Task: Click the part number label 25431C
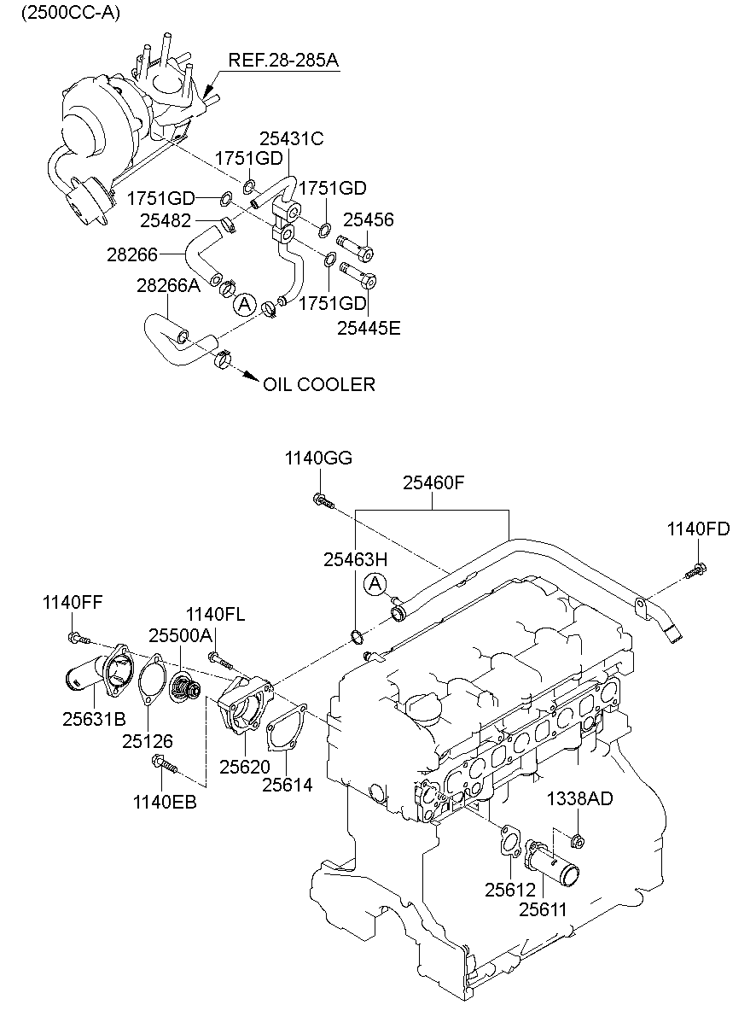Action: click(292, 138)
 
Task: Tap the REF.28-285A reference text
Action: click(282, 61)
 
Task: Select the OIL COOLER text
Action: click(318, 385)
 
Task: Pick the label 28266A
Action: click(168, 286)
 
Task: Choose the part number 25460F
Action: click(433, 484)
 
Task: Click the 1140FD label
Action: click(698, 529)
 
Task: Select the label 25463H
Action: click(355, 559)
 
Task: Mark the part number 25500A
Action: click(180, 635)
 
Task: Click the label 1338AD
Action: click(579, 799)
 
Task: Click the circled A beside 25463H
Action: click(374, 585)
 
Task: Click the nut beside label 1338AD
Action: click(578, 843)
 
